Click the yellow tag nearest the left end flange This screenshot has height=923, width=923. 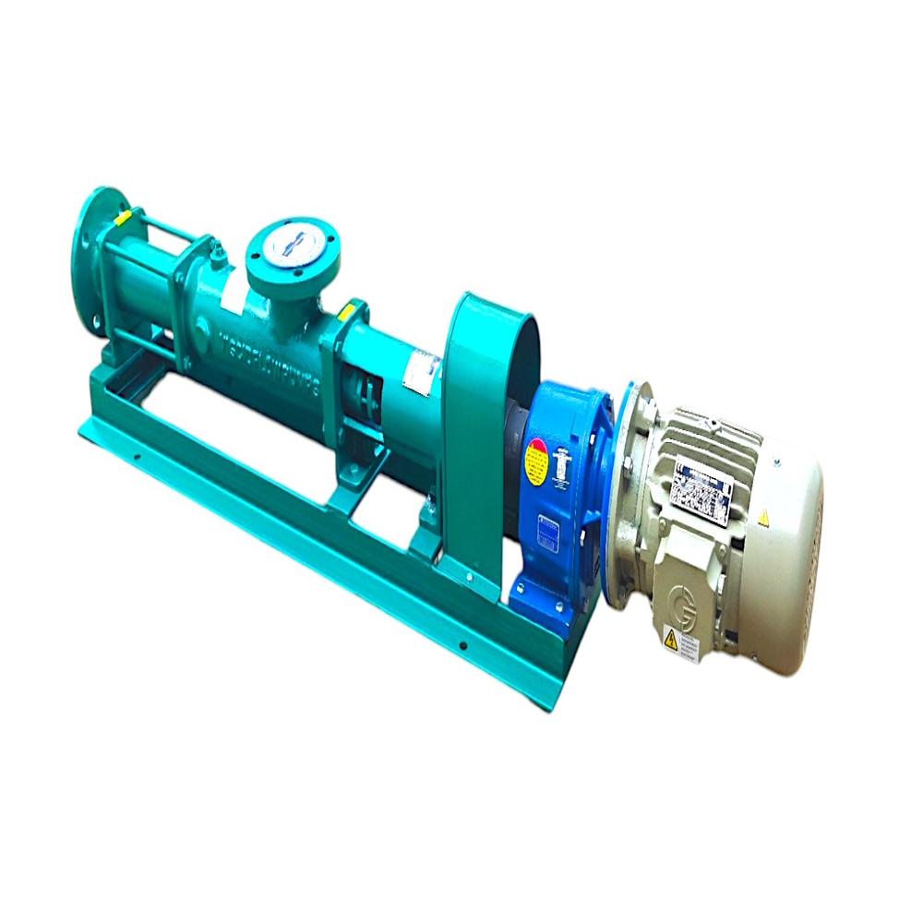(121, 218)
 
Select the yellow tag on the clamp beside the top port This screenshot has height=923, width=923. (348, 311)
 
